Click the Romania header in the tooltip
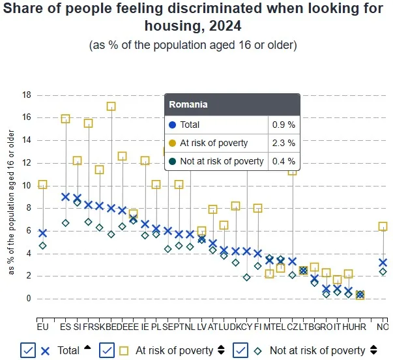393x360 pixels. [188, 104]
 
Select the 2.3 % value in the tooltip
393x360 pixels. [282, 143]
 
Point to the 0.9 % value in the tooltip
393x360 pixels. [282, 125]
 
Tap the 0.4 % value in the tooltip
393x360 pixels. [282, 161]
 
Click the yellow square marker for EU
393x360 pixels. [43, 185]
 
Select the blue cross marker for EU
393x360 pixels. [43, 233]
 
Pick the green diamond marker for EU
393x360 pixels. [43, 246]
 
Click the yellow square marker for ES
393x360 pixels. [65, 119]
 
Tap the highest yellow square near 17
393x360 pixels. [111, 106]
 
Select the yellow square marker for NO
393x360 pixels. [383, 226]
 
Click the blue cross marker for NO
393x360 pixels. [383, 263]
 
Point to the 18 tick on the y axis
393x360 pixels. [27, 95]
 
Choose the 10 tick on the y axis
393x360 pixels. [27, 186]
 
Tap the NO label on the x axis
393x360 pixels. [383, 325]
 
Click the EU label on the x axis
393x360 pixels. [43, 325]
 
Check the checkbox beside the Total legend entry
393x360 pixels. [28, 350]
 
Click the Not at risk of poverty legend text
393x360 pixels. [317, 350]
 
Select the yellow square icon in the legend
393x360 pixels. [124, 350]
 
